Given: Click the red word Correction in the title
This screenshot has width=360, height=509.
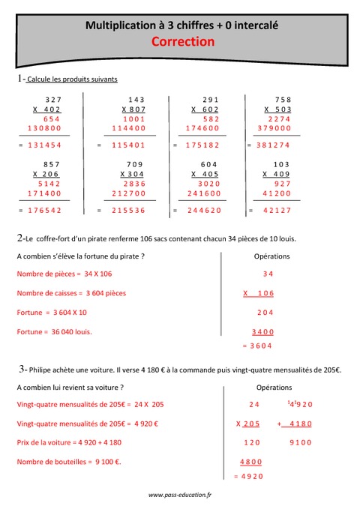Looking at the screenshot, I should point(183,42).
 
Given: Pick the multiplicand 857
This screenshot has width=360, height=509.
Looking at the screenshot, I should point(52,164).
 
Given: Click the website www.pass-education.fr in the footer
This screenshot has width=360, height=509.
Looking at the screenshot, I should point(180,496).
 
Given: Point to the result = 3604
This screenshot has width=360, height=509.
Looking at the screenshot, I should point(256,346).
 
